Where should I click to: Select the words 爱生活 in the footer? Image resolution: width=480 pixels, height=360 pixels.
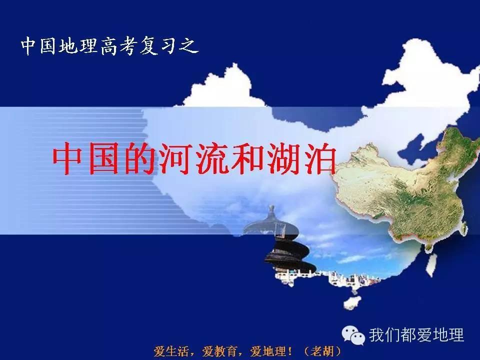pos(173,350)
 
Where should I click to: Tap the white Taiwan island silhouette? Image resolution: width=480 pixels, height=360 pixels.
pos(430,263)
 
